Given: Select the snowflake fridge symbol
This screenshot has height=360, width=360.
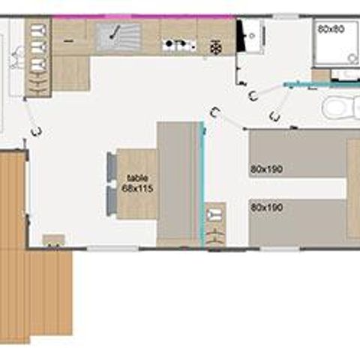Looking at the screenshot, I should [216, 46].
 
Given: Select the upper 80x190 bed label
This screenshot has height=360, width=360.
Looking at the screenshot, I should [266, 169].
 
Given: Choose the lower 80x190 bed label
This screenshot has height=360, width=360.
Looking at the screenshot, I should [266, 206].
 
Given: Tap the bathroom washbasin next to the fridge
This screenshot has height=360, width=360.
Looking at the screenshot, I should [253, 34].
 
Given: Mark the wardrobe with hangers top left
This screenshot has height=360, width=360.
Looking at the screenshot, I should [37, 58].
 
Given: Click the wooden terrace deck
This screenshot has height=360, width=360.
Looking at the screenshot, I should [34, 285].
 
